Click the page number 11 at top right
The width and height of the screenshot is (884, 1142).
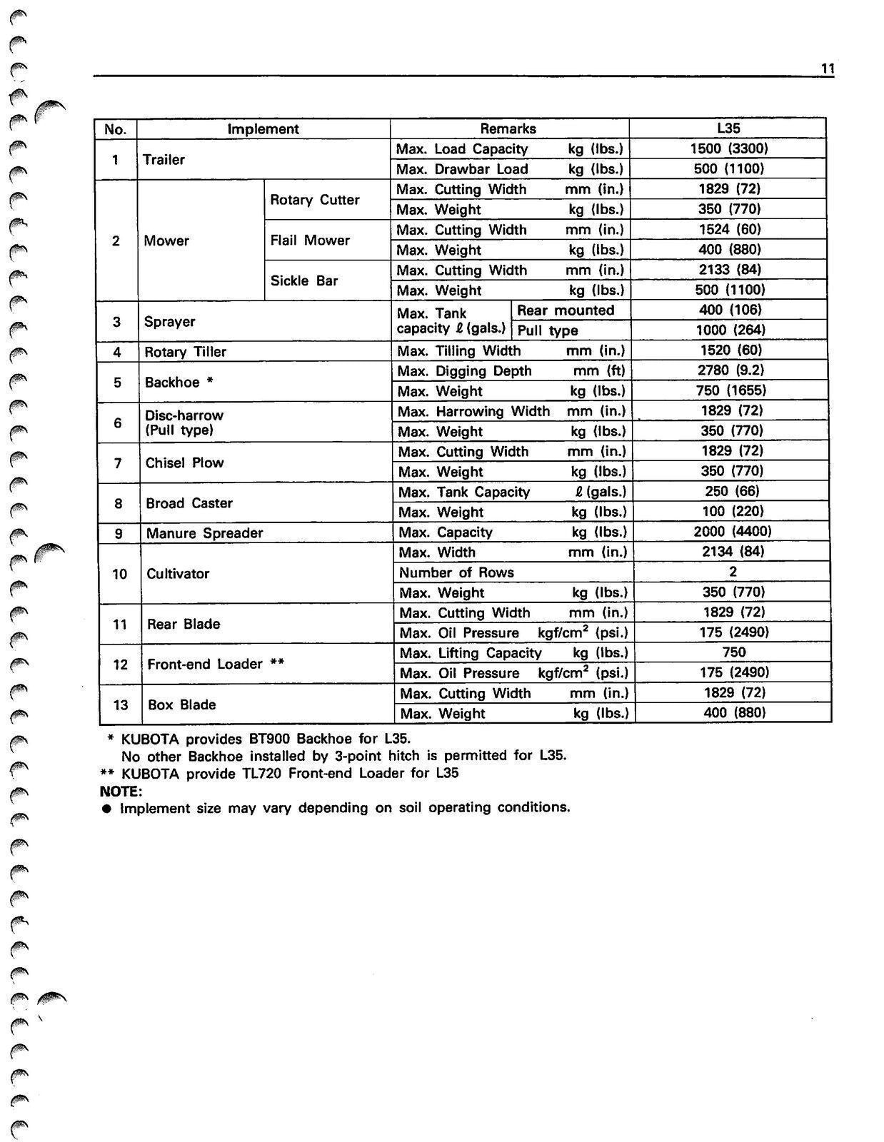tap(828, 69)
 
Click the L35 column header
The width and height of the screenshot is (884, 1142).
tap(728, 128)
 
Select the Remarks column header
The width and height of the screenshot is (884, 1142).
tap(508, 128)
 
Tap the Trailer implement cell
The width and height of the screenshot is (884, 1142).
tap(164, 159)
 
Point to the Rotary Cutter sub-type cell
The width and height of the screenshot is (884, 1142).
tap(314, 200)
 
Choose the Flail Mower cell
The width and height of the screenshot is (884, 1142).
tap(310, 241)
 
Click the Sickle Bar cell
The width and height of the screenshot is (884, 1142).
tap(304, 281)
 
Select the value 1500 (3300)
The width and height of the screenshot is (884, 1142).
tap(729, 148)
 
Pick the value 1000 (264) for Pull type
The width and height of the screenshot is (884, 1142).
tap(730, 330)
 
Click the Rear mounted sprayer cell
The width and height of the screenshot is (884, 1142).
tap(566, 310)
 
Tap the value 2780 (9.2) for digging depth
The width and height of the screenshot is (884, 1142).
tap(730, 370)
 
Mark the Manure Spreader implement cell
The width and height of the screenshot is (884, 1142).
tap(204, 533)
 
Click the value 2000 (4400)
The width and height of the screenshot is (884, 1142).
tap(733, 532)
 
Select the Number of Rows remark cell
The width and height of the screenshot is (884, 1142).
tap(456, 572)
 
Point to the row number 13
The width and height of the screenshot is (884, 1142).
tap(120, 704)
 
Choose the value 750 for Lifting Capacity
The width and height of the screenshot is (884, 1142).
tap(733, 652)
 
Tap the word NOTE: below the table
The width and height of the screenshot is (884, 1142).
tap(121, 792)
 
